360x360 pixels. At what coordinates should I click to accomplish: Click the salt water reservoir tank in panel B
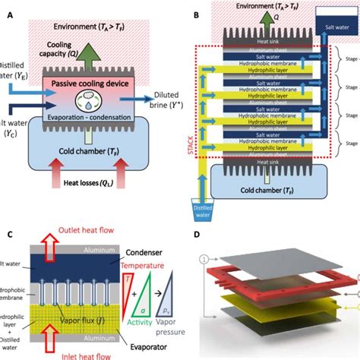pyautogui.click(x=334, y=24)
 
